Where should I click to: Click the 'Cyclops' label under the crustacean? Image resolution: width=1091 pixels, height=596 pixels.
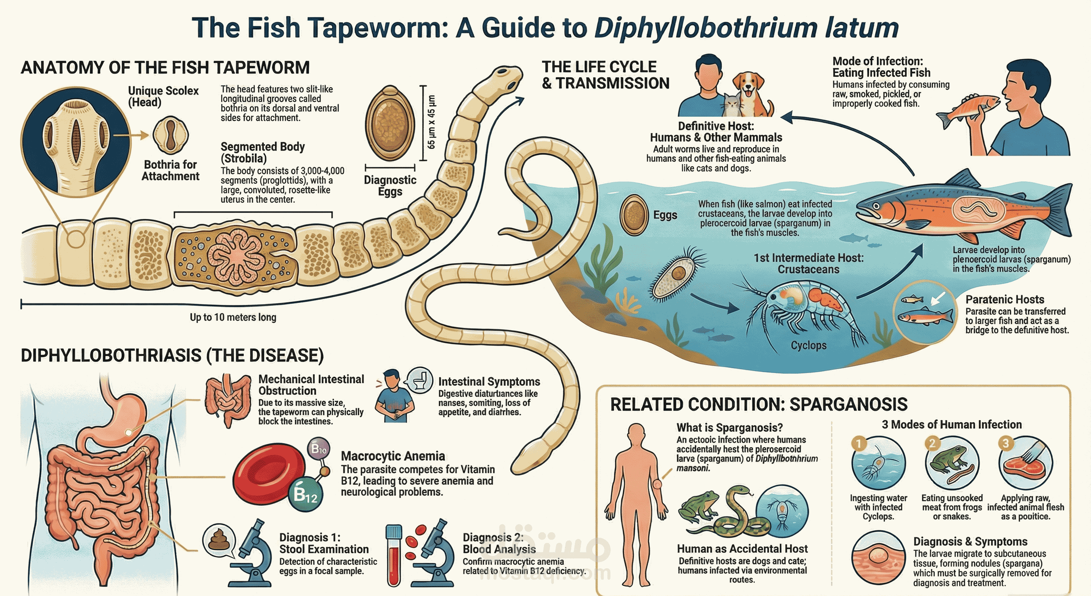pyautogui.click(x=808, y=345)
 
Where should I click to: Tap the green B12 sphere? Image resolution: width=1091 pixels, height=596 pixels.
pyautogui.click(x=305, y=495)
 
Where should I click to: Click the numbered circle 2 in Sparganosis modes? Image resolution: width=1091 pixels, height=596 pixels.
pyautogui.click(x=932, y=443)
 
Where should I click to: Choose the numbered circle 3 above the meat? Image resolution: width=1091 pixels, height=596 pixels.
pyautogui.click(x=1005, y=443)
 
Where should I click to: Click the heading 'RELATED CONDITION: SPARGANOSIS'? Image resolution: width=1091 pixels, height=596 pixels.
pyautogui.click(x=758, y=404)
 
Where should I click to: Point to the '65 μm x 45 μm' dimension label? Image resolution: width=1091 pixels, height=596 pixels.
pyautogui.click(x=431, y=122)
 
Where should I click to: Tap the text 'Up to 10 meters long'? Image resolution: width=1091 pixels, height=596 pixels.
pyautogui.click(x=233, y=317)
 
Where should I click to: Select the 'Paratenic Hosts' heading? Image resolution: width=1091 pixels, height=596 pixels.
pyautogui.click(x=1005, y=299)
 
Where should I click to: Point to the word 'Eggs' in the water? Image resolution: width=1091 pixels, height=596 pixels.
pyautogui.click(x=665, y=215)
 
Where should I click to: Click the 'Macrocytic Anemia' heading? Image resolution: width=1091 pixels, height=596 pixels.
pyautogui.click(x=392, y=456)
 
